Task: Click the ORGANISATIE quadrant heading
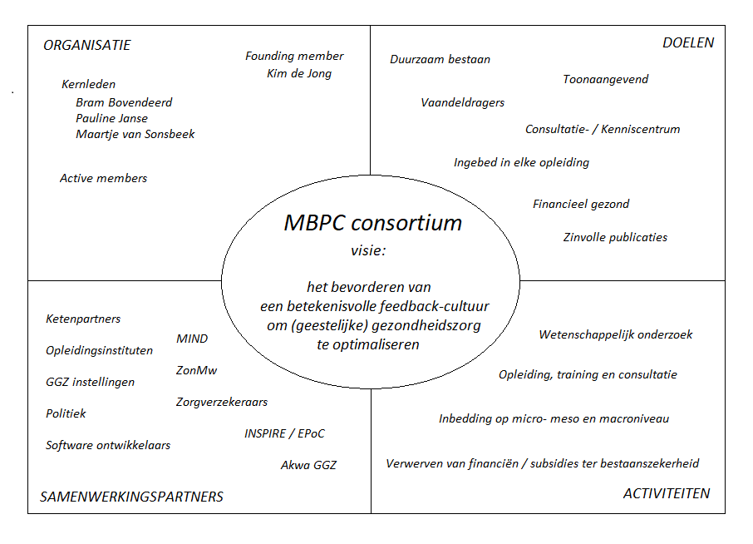87,46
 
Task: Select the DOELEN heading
688,42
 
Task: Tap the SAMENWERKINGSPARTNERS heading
132,497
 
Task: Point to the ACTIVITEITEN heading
667,493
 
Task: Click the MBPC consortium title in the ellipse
373,223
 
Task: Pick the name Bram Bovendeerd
124,102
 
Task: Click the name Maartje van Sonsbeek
135,134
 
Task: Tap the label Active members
103,178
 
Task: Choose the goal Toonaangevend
605,79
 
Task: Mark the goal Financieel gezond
581,204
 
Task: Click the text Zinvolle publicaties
615,237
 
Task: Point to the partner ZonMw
196,370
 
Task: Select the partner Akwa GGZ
308,465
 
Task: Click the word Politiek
66,413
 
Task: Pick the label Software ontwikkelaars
108,445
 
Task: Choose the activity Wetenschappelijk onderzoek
616,334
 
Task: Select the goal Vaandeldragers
462,102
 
